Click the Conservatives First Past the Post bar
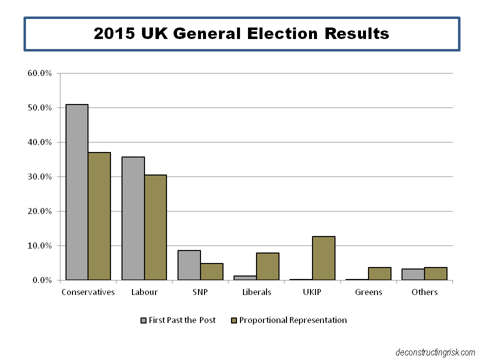tap(77, 192)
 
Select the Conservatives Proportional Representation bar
tap(99, 216)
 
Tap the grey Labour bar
tap(133, 218)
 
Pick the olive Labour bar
tap(155, 227)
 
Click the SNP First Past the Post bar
tap(189, 265)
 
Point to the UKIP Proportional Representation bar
tap(323, 258)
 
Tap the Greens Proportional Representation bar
tap(379, 273)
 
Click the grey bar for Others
tap(413, 274)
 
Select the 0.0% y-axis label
tap(42, 280)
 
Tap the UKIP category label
tap(312, 292)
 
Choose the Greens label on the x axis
tap(368, 292)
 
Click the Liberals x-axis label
tap(256, 292)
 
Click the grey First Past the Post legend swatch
tap(143, 320)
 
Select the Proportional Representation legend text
tap(293, 320)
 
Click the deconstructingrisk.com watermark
tap(434, 352)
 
